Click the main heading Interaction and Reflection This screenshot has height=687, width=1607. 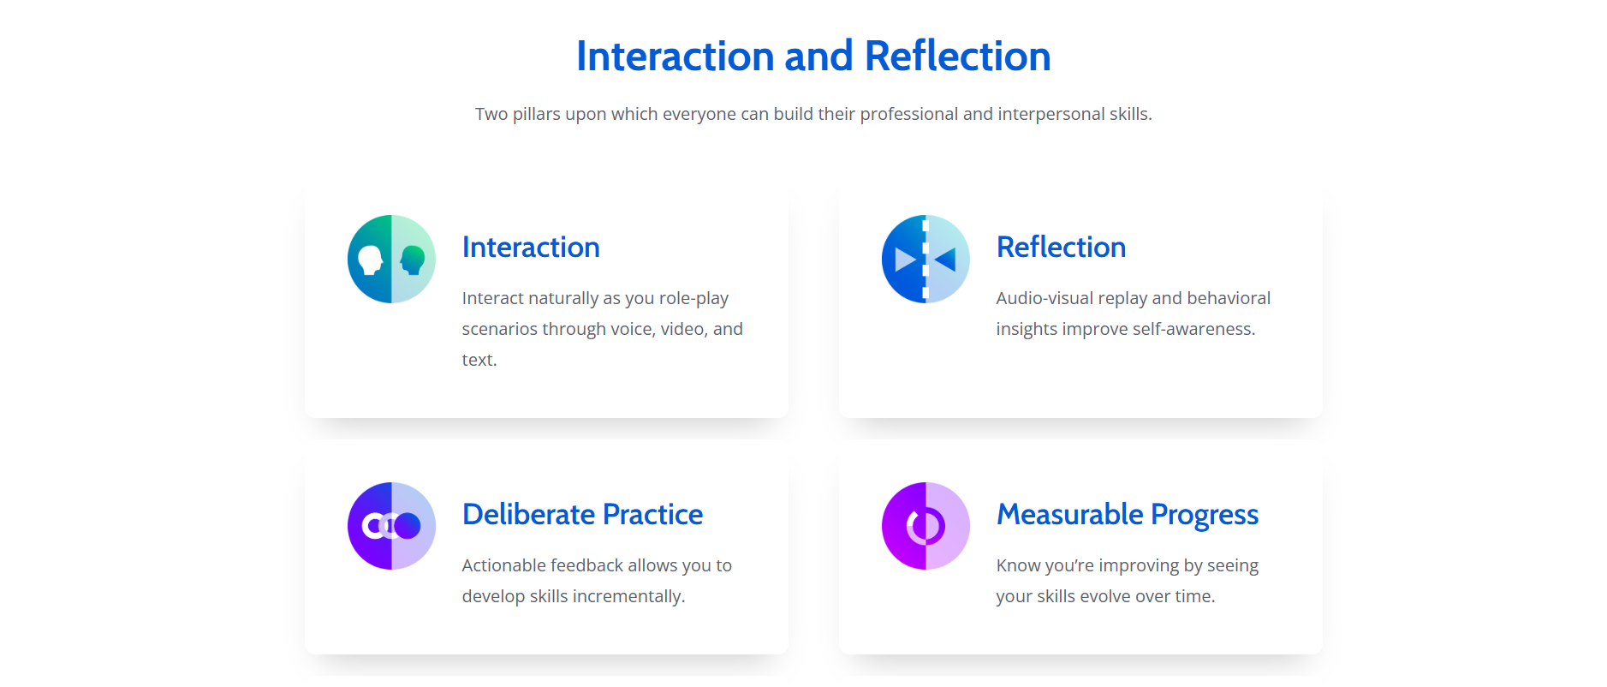pyautogui.click(x=813, y=57)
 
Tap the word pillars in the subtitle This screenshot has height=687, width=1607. pyautogui.click(x=537, y=114)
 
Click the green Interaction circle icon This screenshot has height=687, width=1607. pyautogui.click(x=391, y=259)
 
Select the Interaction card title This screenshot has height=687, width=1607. pyautogui.click(x=531, y=247)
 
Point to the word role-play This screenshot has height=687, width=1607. pyautogui.click(x=693, y=299)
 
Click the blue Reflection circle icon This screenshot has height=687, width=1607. pyautogui.click(x=926, y=259)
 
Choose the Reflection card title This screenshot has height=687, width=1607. pyautogui.click(x=1061, y=247)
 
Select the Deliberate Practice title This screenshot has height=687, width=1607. pyautogui.click(x=582, y=514)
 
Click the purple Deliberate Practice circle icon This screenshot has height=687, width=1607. pyautogui.click(x=391, y=526)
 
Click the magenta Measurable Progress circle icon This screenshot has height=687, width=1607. pyautogui.click(x=926, y=526)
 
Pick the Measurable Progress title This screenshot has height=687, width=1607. pyautogui.click(x=1128, y=514)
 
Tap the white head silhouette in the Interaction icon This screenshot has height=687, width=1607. pyautogui.click(x=371, y=260)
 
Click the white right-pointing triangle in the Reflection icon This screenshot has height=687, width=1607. pyautogui.click(x=905, y=259)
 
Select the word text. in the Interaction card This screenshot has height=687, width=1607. pyautogui.click(x=479, y=360)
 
